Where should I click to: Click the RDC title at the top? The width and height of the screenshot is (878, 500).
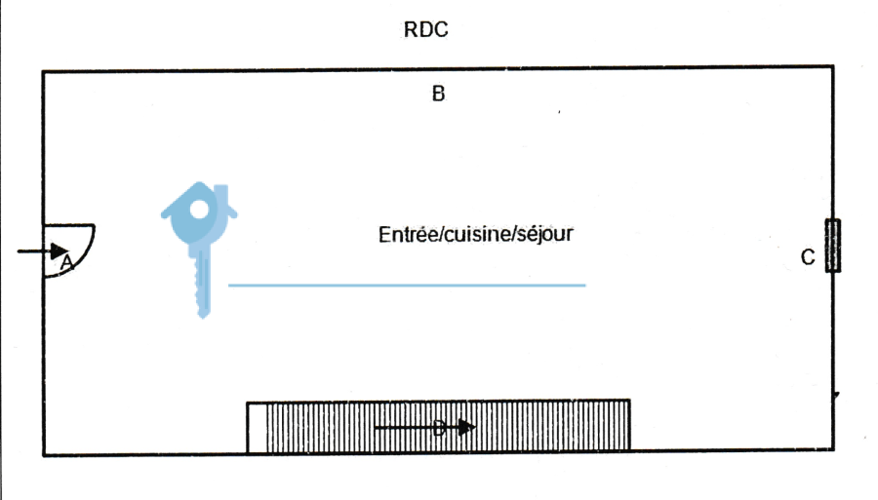[425, 29]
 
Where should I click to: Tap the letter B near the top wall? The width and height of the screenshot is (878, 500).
[438, 94]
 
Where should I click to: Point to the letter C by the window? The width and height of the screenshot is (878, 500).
[808, 257]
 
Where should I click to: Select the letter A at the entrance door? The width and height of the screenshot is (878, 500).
[66, 262]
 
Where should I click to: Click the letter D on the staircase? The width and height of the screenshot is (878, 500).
[439, 430]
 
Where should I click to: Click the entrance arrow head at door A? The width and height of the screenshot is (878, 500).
[59, 251]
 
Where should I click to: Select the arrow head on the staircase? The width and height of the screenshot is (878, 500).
[466, 428]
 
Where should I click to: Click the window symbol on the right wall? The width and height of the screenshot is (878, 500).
[833, 246]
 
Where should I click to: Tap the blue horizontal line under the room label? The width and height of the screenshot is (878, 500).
[407, 286]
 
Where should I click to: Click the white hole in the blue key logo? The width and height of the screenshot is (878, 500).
[199, 210]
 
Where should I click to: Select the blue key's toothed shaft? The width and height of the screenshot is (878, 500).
[203, 283]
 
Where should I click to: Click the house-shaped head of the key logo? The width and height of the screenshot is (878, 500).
[199, 212]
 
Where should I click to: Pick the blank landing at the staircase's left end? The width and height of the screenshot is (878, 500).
[257, 427]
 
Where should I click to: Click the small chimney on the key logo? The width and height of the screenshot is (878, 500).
[221, 193]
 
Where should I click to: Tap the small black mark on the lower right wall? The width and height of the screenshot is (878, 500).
[836, 396]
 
